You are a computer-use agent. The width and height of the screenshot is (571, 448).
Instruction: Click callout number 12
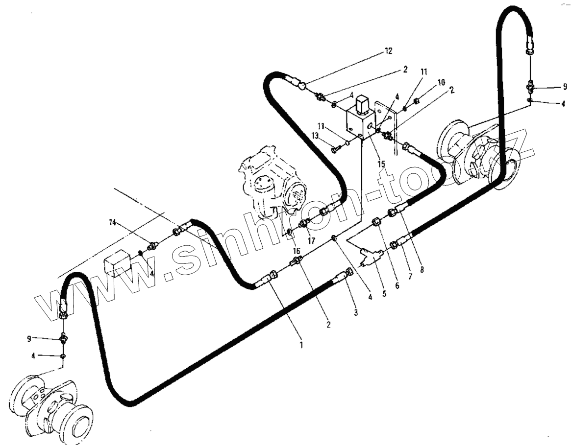pyautogui.click(x=388, y=51)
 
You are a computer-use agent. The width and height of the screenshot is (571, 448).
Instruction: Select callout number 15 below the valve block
pyautogui.click(x=381, y=164)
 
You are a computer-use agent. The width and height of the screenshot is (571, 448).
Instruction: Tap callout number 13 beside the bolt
pyautogui.click(x=315, y=135)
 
